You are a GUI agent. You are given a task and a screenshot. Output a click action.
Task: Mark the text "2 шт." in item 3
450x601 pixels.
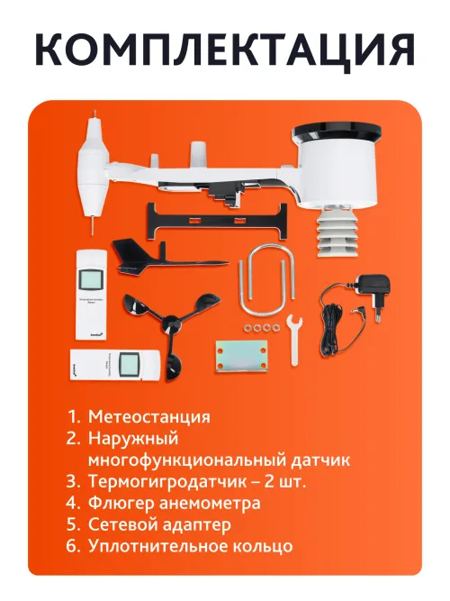(285, 481)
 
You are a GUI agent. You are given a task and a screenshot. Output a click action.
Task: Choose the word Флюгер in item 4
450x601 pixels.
(117, 503)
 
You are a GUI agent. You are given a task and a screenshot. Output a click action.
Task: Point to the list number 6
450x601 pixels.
(73, 546)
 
